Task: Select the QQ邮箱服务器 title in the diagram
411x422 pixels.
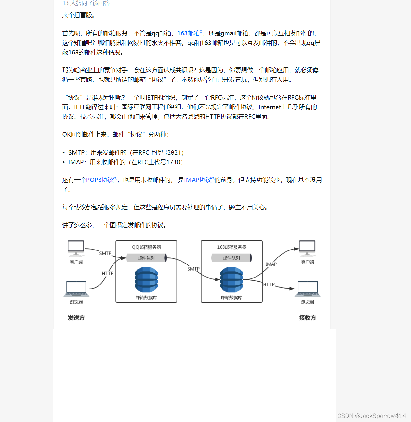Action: click(x=146, y=247)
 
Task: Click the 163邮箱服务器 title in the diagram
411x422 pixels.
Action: click(x=232, y=247)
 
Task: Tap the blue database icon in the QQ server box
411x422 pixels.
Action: click(x=146, y=279)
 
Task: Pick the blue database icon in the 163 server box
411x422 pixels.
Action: click(x=232, y=279)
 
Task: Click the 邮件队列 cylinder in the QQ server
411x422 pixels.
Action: click(x=146, y=258)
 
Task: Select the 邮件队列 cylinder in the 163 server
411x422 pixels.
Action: click(x=232, y=258)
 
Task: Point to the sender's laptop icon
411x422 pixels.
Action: click(x=76, y=289)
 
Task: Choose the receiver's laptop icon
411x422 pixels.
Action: click(x=308, y=289)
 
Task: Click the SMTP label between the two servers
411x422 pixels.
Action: click(x=193, y=269)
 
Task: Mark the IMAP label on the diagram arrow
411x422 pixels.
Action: click(x=271, y=264)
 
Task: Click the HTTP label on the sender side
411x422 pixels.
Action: click(x=107, y=273)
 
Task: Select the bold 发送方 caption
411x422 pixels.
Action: click(x=76, y=318)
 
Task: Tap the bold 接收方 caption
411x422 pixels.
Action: click(x=307, y=318)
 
